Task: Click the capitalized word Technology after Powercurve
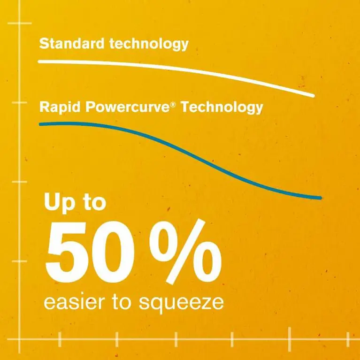pos(222,107)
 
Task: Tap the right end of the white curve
pos(312,96)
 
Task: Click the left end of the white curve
pos(39,61)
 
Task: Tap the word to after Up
pos(94,203)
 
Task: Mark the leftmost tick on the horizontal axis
pos(61,339)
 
